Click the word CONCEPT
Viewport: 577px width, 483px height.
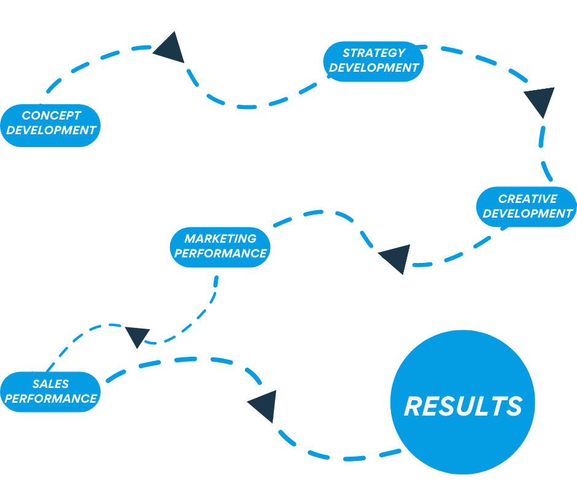coord(52,115)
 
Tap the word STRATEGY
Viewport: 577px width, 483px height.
coord(374,53)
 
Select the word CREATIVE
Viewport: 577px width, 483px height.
coord(527,199)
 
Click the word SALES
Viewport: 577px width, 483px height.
coord(51,384)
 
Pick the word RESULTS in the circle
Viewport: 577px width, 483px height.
coord(463,406)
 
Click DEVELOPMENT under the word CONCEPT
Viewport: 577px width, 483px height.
coord(51,130)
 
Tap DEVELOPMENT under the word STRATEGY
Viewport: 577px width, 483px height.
coord(374,68)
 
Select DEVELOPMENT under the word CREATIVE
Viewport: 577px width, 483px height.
coord(528,213)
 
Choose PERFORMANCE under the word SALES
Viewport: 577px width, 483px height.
coord(51,398)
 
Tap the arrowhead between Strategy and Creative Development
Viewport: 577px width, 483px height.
coord(541,101)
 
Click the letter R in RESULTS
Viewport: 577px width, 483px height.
coord(414,406)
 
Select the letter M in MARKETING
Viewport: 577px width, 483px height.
coord(190,238)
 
